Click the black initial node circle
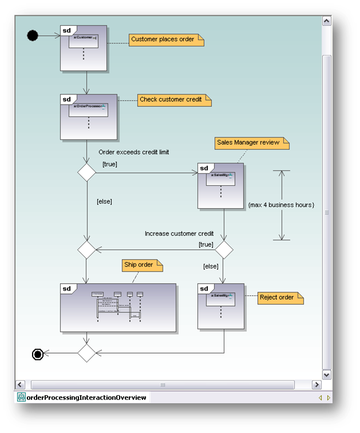coord(33,36)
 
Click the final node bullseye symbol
coord(38,355)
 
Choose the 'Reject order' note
coord(279,297)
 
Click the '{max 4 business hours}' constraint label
coord(281,205)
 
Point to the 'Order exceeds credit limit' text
coord(133,152)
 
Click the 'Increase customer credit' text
coord(179,233)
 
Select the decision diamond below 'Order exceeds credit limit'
coord(86,172)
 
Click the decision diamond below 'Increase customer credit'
coord(223,249)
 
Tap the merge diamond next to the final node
coord(86,353)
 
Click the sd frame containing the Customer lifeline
coord(84,49)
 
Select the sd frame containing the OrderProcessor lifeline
coord(89,117)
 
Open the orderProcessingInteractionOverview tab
coord(82,398)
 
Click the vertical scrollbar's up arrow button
coord(327,21)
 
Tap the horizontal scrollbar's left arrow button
coord(20,385)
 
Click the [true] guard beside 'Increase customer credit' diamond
coord(206,244)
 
